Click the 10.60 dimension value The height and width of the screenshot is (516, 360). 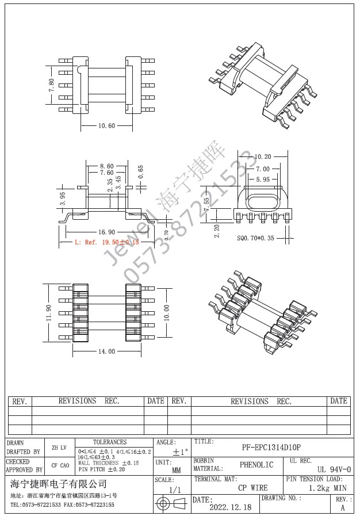coord(106,125)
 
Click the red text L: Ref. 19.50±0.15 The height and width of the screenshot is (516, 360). coord(108,243)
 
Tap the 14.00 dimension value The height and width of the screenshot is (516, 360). coord(106,351)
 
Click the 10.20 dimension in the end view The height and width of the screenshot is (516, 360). coord(262,156)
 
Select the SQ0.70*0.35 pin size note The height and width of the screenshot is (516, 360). coord(256,237)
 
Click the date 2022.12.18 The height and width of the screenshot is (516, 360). coord(230,507)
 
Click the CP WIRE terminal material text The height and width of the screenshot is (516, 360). coord(253,488)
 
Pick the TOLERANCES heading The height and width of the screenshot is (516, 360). coord(110,442)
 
